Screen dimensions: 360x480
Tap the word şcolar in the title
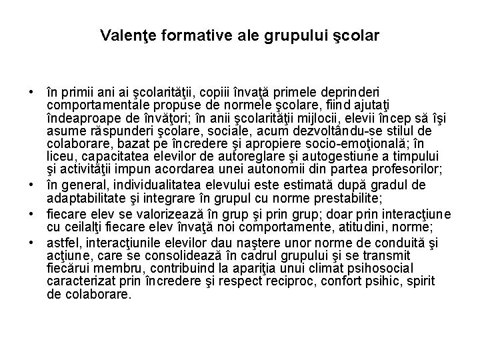pyautogui.click(x=357, y=34)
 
